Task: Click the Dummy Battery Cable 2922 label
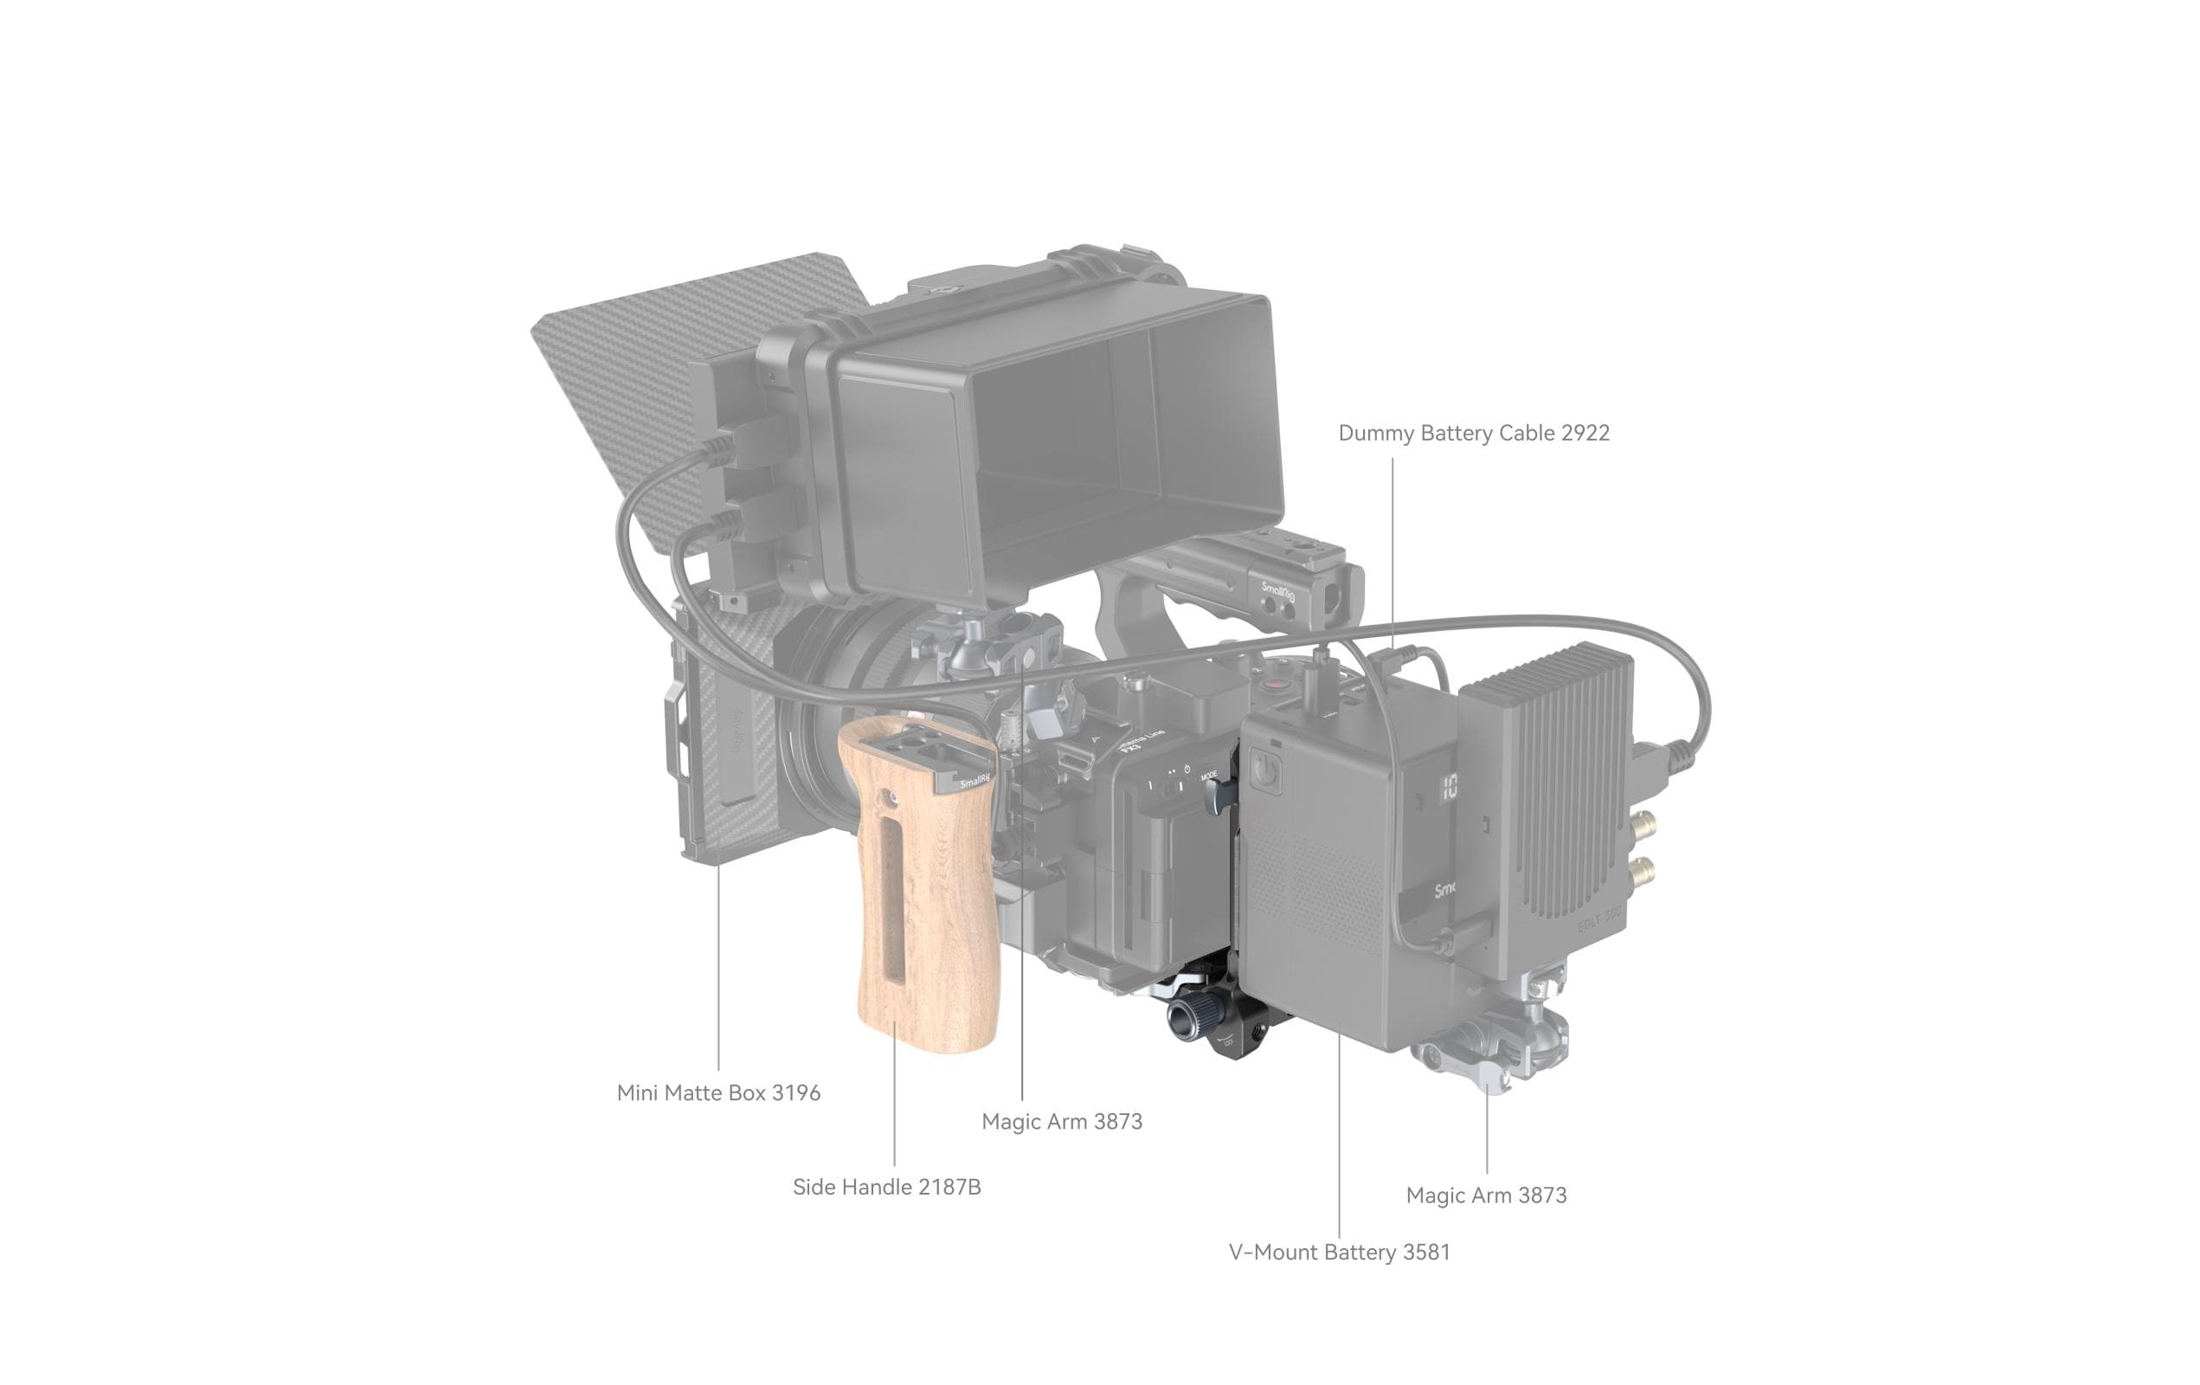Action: point(1473,433)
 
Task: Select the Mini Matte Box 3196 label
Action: point(718,1092)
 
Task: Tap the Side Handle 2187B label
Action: point(886,1187)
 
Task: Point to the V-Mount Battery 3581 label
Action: point(1339,1252)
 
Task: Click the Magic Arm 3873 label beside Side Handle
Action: point(1062,1122)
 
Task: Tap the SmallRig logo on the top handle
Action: point(1278,590)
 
